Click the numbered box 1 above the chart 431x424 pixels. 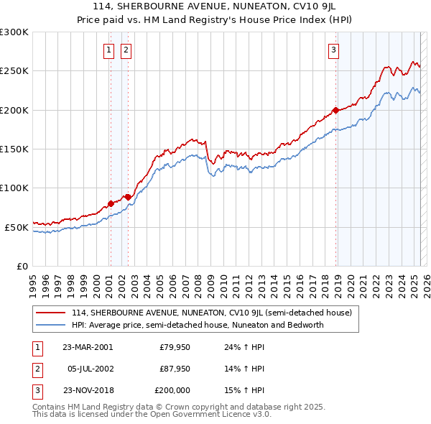pyautogui.click(x=108, y=50)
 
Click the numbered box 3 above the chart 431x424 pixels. pyautogui.click(x=334, y=50)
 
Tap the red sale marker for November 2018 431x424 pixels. pyautogui.click(x=335, y=111)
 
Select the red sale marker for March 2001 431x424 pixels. pyautogui.click(x=111, y=203)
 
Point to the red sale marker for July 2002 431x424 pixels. pyautogui.click(x=127, y=197)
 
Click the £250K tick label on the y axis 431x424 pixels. pyautogui.click(x=14, y=71)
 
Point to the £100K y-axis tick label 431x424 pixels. pyautogui.click(x=14, y=188)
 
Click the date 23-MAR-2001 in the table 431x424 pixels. pyautogui.click(x=88, y=347)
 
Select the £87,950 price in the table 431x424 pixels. pyautogui.click(x=175, y=369)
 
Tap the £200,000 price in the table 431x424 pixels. pyautogui.click(x=173, y=390)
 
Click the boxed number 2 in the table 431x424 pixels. pyautogui.click(x=35, y=369)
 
